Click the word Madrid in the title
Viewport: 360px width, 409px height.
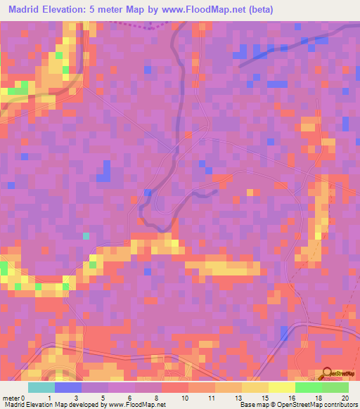tap(27, 10)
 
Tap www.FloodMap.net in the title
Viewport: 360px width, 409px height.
tap(202, 10)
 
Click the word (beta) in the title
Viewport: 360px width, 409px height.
tap(257, 10)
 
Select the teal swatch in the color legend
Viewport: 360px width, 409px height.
tap(41, 387)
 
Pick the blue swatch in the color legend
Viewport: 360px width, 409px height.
tap(68, 387)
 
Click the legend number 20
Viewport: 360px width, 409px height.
tap(345, 398)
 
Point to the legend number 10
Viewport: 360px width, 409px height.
tap(185, 398)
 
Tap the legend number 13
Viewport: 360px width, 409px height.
tap(238, 398)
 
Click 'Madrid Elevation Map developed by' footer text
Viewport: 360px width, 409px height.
tap(47, 405)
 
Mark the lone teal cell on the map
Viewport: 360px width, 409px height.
tap(86, 236)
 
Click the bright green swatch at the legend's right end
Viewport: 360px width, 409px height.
tap(335, 387)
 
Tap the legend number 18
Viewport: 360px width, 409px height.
tap(319, 398)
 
